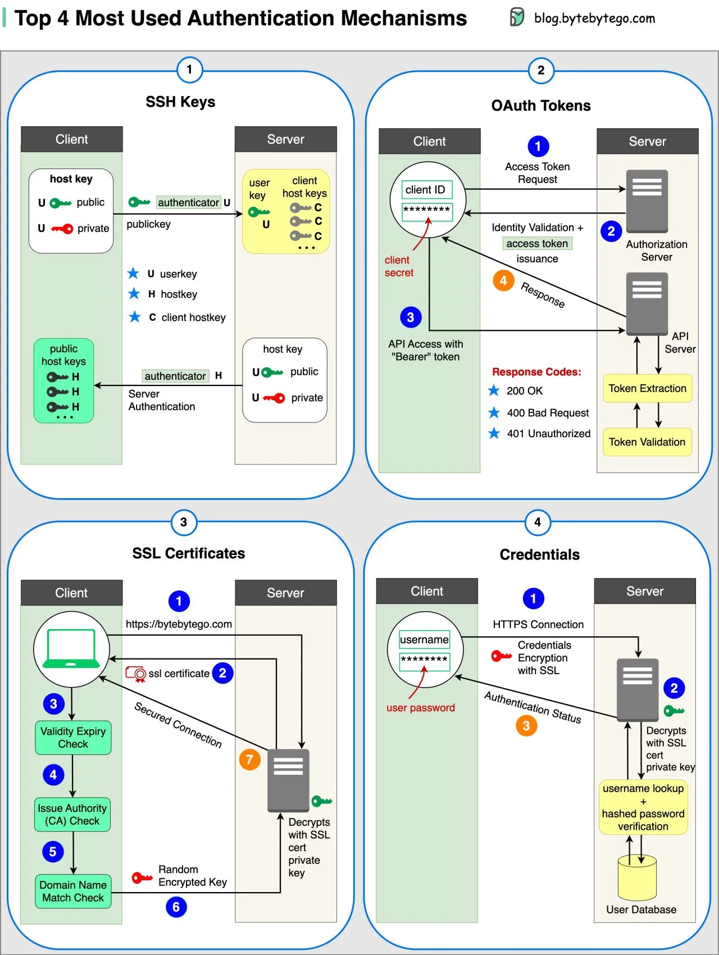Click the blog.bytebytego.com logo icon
(517, 17)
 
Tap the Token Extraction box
(647, 389)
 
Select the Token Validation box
(647, 442)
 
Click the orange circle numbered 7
(250, 760)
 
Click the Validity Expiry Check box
(73, 738)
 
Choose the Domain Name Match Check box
(73, 891)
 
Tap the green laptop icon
(71, 649)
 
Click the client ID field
(427, 190)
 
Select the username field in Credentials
(424, 639)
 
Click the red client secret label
(399, 266)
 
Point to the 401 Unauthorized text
(548, 434)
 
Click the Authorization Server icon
(647, 201)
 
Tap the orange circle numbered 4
(503, 280)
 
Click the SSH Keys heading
(180, 102)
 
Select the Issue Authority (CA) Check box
(72, 815)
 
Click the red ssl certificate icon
(136, 673)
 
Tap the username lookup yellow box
(643, 807)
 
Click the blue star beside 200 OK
(494, 390)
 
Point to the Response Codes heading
(536, 372)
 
